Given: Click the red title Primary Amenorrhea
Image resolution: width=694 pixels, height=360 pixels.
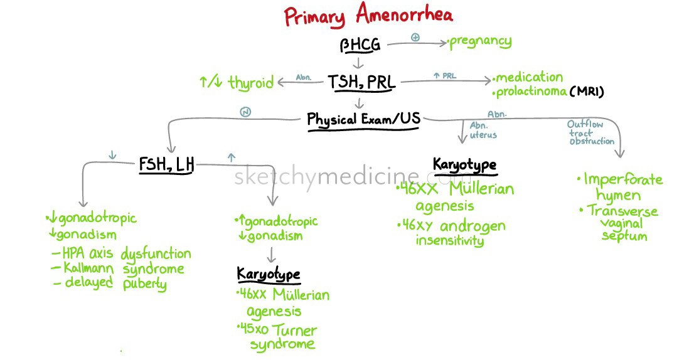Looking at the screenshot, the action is pyautogui.click(x=368, y=15).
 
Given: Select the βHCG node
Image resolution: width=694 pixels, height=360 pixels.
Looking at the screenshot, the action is pyautogui.click(x=360, y=45).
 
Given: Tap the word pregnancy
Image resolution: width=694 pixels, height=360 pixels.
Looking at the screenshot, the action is pyautogui.click(x=481, y=42).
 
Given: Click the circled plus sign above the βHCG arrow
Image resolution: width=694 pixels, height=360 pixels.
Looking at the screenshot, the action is pyautogui.click(x=415, y=37).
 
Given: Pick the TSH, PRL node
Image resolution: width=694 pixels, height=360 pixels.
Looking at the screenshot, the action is pyautogui.click(x=362, y=82).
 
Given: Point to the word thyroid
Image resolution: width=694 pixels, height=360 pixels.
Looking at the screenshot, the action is pyautogui.click(x=250, y=83).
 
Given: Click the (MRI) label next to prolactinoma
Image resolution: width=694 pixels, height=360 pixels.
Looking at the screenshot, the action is pyautogui.click(x=587, y=92).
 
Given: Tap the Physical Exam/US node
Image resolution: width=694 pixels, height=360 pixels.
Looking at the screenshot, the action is pyautogui.click(x=363, y=119).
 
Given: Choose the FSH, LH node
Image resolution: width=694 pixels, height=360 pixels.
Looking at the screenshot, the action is pyautogui.click(x=166, y=165).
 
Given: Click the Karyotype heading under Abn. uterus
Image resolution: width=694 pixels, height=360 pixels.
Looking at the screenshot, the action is pyautogui.click(x=464, y=165).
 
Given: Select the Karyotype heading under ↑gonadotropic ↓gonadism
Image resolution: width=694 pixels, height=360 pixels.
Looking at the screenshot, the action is pyautogui.click(x=268, y=274).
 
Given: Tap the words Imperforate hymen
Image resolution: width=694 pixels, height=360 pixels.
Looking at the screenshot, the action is pyautogui.click(x=619, y=187).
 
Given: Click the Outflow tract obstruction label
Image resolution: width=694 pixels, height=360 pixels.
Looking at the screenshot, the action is pyautogui.click(x=590, y=132).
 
